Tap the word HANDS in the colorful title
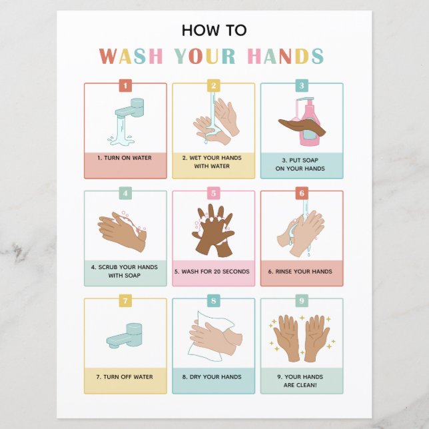pyautogui.click(x=285, y=56)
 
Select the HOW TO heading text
pyautogui.click(x=214, y=30)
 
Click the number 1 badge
pyautogui.click(x=126, y=85)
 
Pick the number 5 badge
pyautogui.click(x=213, y=193)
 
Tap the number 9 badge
pyautogui.click(x=301, y=300)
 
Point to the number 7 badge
pyautogui.click(x=126, y=300)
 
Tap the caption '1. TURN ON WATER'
pyautogui.click(x=125, y=158)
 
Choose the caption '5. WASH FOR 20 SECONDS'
pyautogui.click(x=212, y=272)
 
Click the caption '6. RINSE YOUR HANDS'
pyautogui.click(x=300, y=272)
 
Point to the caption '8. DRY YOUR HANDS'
pyautogui.click(x=212, y=377)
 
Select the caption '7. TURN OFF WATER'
pyautogui.click(x=125, y=377)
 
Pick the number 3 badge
pyautogui.click(x=301, y=85)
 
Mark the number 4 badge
pyautogui.click(x=126, y=193)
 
